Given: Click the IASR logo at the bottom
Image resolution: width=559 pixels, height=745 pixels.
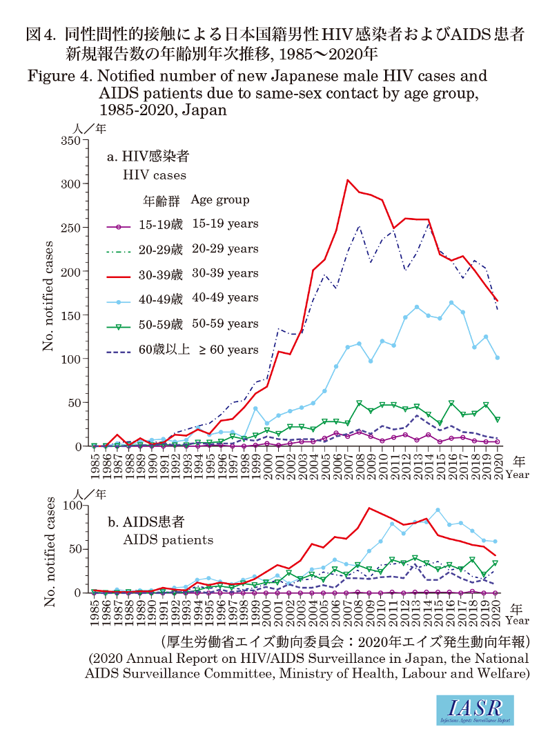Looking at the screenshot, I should coord(475,711).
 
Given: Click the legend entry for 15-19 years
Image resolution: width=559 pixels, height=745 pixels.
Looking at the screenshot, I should coord(183,224).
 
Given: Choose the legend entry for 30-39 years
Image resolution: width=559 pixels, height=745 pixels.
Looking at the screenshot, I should coord(183,274).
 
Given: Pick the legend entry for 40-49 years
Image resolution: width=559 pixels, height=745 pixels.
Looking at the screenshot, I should coord(183,298).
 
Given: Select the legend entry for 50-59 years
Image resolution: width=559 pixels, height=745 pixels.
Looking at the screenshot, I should coord(183,324).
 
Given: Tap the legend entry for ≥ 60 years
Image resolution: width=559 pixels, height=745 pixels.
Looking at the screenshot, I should coord(183,350).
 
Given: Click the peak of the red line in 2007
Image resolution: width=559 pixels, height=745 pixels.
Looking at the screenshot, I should coord(348,180).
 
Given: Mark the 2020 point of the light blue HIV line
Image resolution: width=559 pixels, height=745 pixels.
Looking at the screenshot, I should coord(497,357).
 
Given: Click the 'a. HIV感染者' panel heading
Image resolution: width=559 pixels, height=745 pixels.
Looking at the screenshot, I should coord(148,157).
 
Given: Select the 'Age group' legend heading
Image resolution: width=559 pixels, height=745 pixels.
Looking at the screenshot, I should coord(220,200).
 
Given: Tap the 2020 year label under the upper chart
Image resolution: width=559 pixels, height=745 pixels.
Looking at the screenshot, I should coord(498,464).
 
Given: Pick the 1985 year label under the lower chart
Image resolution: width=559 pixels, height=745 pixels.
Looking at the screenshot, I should coord(95,610).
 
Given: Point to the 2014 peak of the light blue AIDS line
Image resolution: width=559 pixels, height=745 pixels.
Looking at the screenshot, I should coord(438,510).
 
